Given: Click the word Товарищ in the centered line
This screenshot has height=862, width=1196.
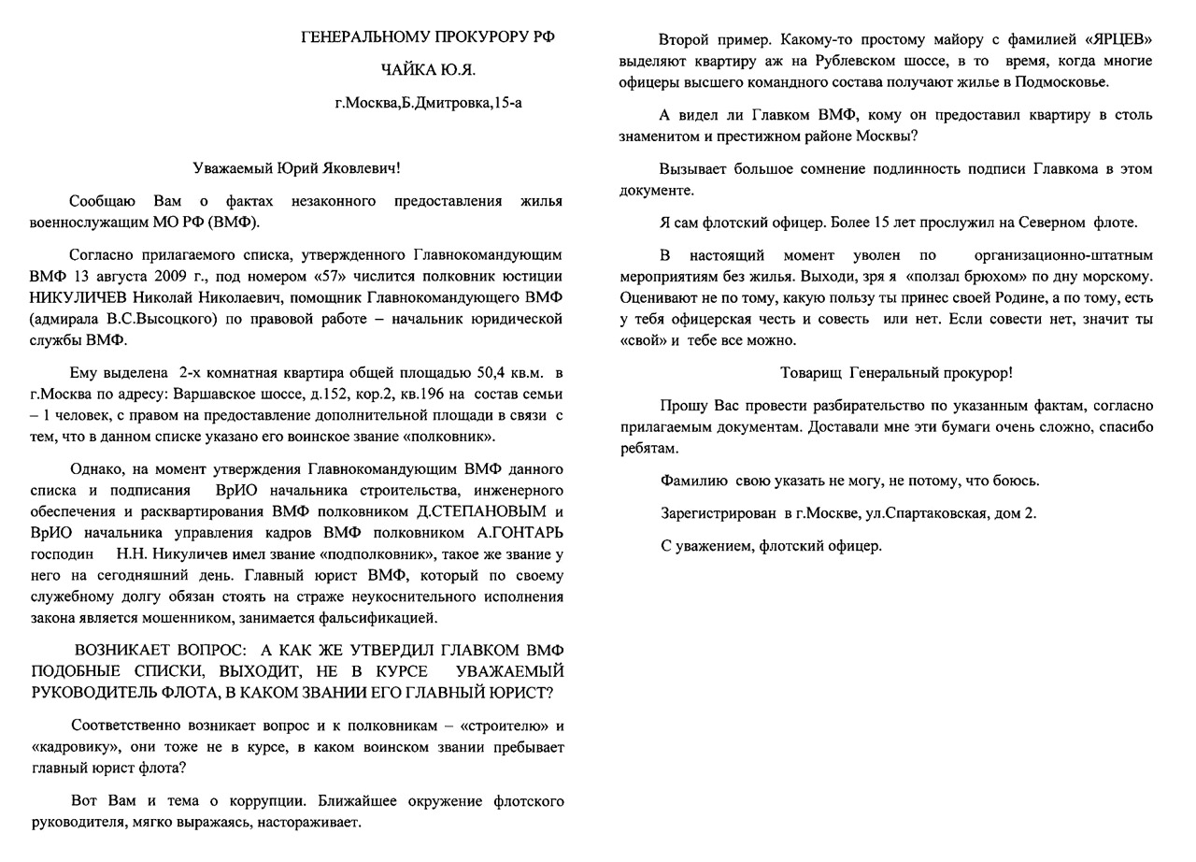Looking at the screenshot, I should [x=812, y=372].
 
